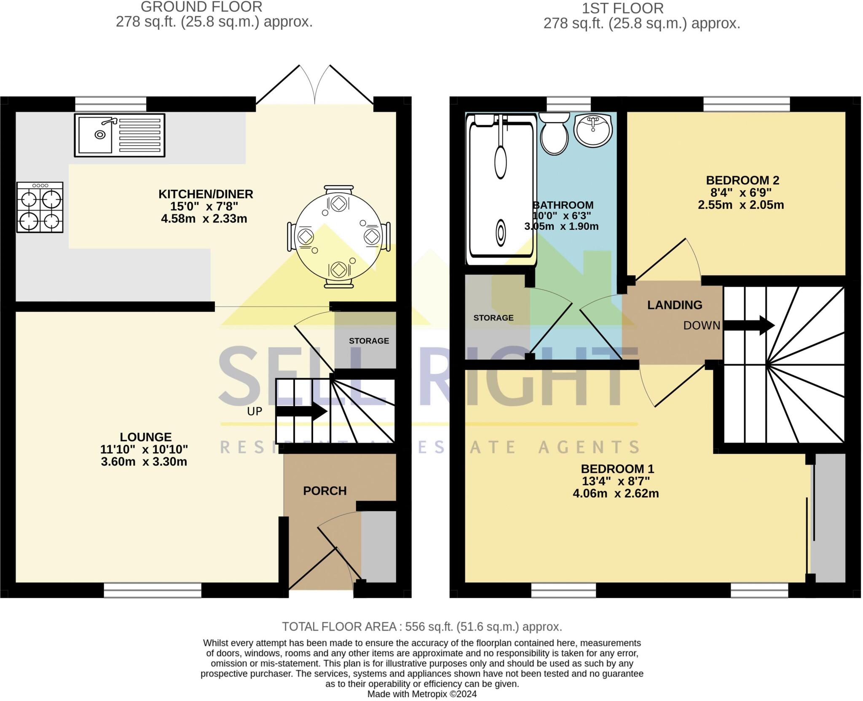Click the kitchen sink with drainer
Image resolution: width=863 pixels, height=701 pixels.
coord(120,135)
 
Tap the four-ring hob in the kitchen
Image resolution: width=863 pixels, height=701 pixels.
coord(40,207)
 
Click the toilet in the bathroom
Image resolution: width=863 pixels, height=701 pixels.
coord(554,133)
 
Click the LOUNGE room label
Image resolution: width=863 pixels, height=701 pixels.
coord(146,437)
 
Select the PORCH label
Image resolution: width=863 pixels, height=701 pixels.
coord(325,491)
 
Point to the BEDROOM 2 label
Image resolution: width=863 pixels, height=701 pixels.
coord(742,181)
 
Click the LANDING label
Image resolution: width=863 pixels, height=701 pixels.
coord(675,305)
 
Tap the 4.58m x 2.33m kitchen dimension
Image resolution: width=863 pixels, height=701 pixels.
coord(204,219)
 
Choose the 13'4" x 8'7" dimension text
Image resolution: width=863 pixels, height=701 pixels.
coord(616,481)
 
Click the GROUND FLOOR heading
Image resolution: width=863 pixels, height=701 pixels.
coord(201,7)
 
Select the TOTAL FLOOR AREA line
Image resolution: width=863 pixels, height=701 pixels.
coord(422,627)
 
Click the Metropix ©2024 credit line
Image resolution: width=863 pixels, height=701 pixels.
coord(422,694)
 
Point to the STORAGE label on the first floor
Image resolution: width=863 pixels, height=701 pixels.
coord(493,318)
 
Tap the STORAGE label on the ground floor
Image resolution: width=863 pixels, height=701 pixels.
coord(369,341)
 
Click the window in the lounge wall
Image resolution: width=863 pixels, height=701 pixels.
coord(153,590)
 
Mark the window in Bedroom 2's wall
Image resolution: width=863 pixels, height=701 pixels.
coord(746,104)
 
